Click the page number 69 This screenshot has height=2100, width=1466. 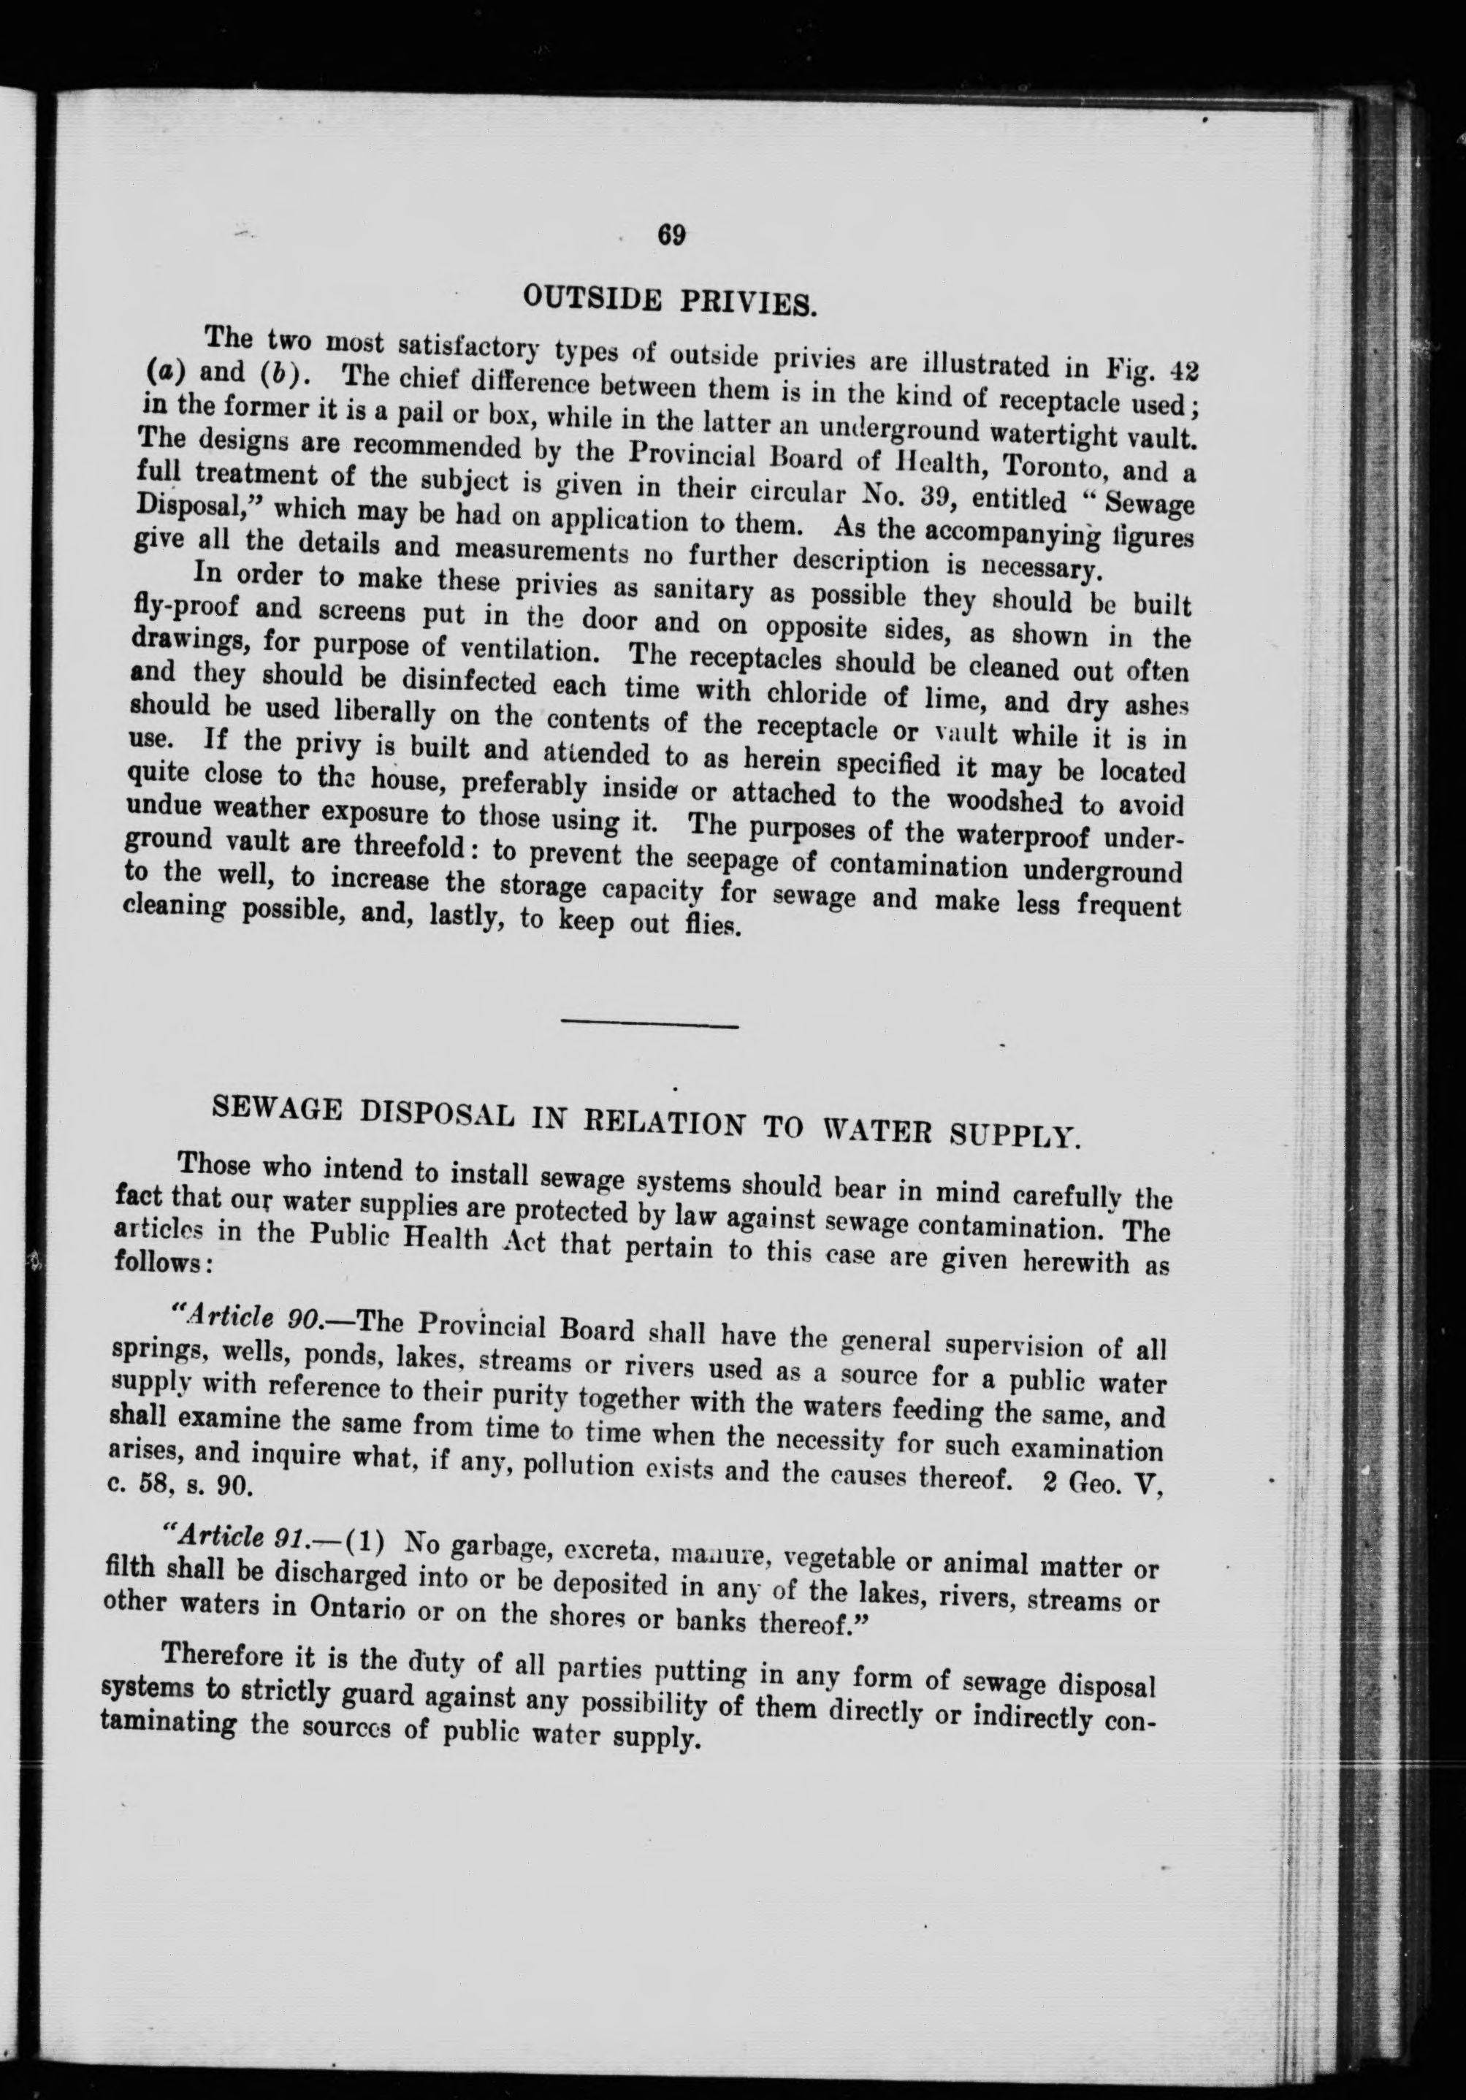tap(671, 235)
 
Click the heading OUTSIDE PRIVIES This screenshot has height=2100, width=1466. tap(668, 297)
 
